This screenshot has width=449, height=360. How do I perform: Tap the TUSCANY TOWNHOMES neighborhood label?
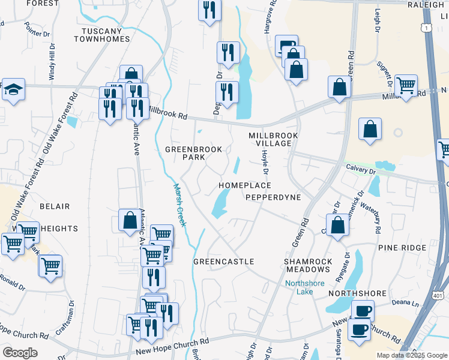(102, 34)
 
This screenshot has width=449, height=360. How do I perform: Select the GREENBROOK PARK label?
(194, 153)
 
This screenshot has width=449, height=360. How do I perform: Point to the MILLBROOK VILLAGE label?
(273, 140)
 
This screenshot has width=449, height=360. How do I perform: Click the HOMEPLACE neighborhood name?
(244, 185)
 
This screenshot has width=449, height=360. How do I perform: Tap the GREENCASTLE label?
(224, 262)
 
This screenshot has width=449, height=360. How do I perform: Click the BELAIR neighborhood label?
(55, 206)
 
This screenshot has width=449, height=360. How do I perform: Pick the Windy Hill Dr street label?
(52, 58)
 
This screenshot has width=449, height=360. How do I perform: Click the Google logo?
(20, 353)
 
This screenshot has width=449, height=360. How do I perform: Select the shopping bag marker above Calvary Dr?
(370, 130)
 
